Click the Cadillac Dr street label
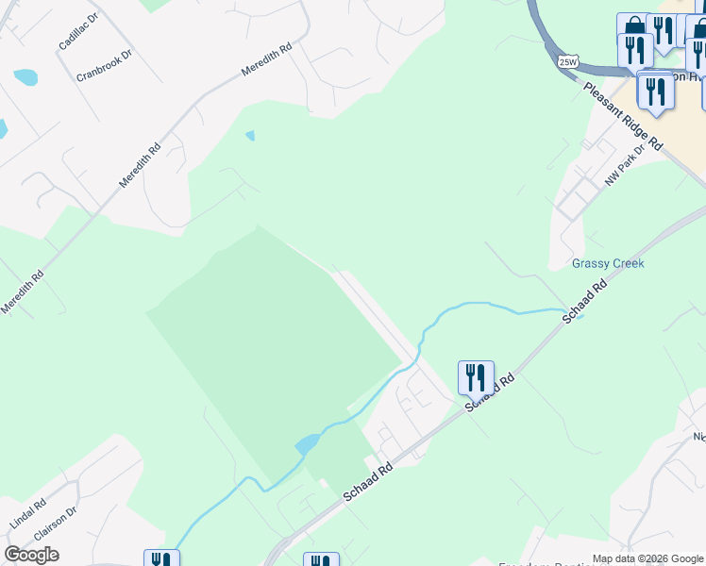78,32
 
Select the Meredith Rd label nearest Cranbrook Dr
266,58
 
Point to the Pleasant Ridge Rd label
623,115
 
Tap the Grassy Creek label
608,263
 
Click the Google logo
32,555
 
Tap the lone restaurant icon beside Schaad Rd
476,377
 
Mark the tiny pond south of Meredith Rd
250,136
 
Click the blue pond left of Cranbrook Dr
25,77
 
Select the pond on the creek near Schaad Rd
308,444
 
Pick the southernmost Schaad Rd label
367,481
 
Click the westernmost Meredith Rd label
23,292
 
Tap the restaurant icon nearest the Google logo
161,559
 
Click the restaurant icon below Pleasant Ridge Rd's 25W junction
653,92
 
